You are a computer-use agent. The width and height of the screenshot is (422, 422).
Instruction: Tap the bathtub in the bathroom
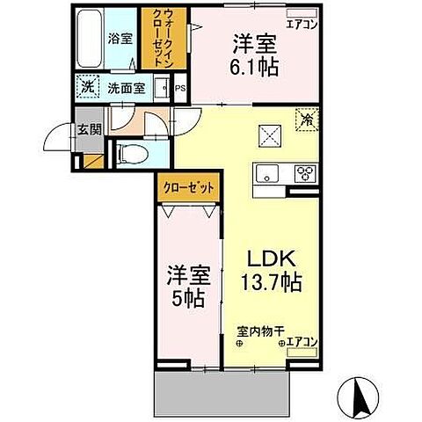(x=91, y=40)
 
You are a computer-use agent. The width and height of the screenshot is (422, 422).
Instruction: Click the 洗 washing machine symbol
(x=87, y=87)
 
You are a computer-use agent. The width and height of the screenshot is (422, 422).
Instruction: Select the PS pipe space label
(x=181, y=88)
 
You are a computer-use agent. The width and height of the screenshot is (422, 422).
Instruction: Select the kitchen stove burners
(x=304, y=171)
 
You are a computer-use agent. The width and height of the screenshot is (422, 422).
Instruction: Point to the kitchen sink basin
(x=266, y=172)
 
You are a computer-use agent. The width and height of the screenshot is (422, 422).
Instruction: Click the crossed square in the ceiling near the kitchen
(x=267, y=134)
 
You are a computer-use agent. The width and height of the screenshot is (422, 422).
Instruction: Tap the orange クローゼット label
(x=187, y=187)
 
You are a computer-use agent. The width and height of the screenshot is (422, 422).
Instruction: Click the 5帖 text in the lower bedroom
(x=186, y=298)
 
